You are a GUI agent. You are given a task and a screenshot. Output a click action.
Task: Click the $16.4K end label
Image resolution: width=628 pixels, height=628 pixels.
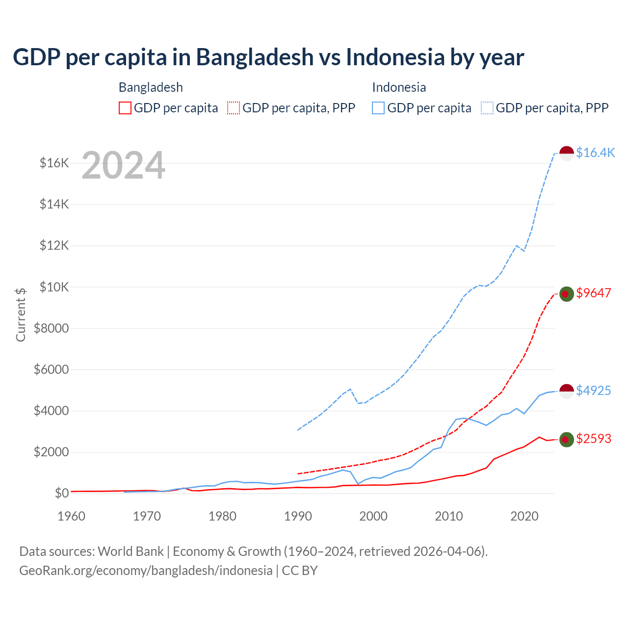point(595,153)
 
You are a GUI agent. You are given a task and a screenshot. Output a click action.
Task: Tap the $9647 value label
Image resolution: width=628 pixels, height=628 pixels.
point(594,293)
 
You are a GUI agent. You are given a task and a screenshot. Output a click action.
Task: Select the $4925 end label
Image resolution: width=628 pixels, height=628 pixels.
point(594,391)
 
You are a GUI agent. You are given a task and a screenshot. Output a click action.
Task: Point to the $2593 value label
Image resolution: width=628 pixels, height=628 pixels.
point(594,439)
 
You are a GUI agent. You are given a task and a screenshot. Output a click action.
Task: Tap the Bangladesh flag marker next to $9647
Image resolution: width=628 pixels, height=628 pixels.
point(567,294)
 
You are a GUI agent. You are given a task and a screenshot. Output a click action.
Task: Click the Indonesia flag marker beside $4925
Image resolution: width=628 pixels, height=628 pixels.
point(567,392)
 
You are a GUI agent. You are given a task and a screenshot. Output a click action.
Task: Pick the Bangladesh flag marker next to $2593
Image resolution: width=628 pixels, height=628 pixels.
point(567,440)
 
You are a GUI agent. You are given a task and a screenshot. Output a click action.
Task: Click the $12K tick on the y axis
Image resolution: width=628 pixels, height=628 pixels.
point(54,245)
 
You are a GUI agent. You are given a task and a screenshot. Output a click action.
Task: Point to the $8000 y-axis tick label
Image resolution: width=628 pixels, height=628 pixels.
point(52,328)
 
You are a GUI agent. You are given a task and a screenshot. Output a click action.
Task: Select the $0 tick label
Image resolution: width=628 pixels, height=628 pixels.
point(61,493)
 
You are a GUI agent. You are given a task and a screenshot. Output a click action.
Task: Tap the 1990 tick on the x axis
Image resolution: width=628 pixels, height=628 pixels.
point(298,516)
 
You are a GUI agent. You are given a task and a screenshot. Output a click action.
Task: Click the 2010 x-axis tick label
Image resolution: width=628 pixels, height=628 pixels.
point(449,516)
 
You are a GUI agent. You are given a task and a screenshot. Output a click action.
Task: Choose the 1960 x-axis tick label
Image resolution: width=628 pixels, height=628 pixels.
point(72,516)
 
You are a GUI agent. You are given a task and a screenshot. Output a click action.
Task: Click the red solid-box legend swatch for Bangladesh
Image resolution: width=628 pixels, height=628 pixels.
point(125,108)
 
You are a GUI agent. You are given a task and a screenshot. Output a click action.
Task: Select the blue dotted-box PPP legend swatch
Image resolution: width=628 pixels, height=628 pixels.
point(487,108)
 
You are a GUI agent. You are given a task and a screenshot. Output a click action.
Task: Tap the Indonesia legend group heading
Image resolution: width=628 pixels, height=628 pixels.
point(399,87)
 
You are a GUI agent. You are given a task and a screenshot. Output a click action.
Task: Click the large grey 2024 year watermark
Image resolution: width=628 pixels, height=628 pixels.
point(123,165)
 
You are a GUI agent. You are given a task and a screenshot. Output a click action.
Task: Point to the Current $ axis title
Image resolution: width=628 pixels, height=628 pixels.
point(21,314)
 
